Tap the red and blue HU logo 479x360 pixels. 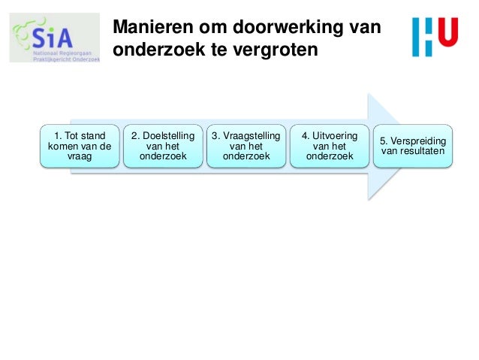coord(435,38)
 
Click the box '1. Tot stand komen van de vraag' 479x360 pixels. coord(80,147)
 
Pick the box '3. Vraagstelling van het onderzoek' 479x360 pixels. coord(246,147)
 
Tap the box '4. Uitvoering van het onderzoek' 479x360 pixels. coord(329,147)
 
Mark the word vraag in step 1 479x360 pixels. coord(80,157)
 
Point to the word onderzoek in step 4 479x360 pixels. coord(329,157)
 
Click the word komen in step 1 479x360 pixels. coord(62,147)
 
